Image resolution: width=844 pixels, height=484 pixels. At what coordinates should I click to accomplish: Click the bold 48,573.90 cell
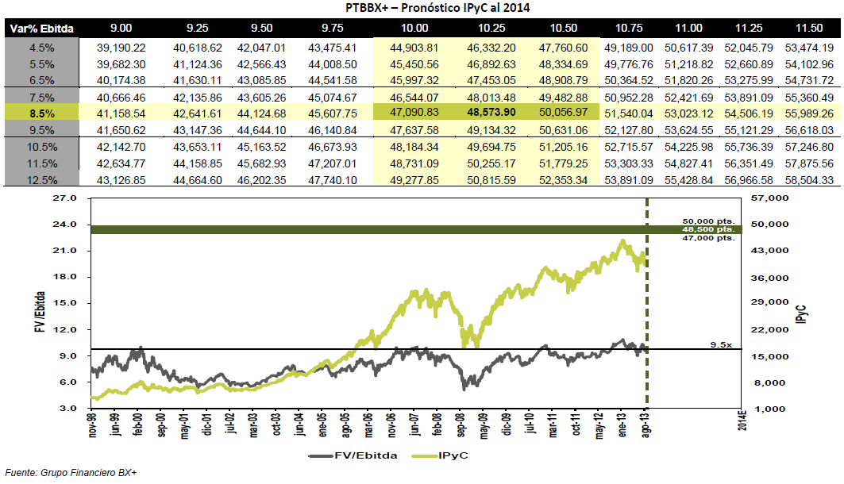tap(491, 113)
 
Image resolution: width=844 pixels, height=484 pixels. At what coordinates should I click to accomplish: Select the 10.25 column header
tap(491, 28)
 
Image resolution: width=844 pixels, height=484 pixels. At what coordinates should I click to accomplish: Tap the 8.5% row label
tap(42, 113)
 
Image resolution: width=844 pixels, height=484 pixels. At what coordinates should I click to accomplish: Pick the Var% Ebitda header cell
tap(42, 29)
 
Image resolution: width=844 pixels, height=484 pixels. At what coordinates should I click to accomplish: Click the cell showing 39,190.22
tap(121, 48)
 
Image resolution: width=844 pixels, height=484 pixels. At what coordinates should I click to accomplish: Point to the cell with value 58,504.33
tap(809, 180)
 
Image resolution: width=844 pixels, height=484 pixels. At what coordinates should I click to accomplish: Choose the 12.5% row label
tap(42, 180)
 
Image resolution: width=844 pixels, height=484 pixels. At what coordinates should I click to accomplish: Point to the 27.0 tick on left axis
tap(64, 198)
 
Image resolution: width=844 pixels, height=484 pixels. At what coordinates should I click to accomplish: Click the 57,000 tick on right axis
tap(769, 198)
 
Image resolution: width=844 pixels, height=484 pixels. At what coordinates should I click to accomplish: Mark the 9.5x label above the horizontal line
tap(721, 344)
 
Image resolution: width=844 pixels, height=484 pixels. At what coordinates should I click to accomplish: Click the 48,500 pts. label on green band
tap(708, 229)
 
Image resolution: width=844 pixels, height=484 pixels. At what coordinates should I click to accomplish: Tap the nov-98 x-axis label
tap(93, 423)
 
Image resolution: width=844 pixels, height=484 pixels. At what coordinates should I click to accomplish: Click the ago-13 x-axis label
tap(646, 423)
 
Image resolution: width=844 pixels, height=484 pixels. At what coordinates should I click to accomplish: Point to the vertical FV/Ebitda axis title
tap(40, 312)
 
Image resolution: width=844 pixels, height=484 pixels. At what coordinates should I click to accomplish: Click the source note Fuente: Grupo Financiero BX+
tap(71, 473)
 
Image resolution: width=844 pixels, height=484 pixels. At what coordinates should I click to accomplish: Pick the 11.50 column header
tap(809, 28)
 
